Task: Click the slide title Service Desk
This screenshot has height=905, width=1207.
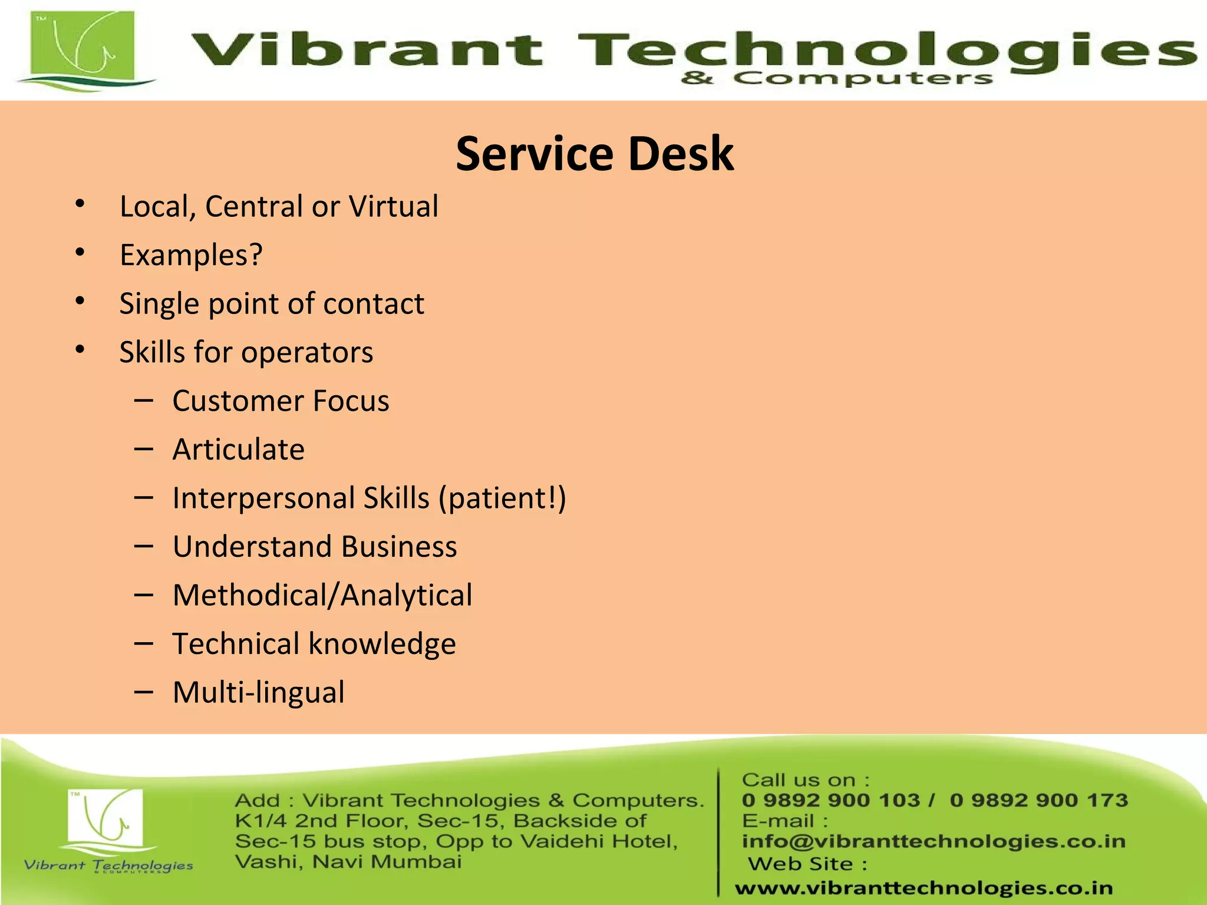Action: (x=595, y=154)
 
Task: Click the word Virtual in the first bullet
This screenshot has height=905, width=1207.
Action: (x=393, y=207)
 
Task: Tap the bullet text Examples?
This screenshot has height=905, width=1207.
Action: (x=191, y=256)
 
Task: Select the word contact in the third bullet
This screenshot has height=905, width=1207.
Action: (x=374, y=304)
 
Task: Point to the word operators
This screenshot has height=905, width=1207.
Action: (x=307, y=353)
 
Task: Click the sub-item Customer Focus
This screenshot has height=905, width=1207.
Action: (x=281, y=401)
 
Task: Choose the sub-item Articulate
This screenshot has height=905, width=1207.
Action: (x=239, y=450)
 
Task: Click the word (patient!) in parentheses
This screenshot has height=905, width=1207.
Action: (x=502, y=498)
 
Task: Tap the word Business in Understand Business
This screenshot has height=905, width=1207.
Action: (x=399, y=547)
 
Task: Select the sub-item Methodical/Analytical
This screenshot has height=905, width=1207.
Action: (x=322, y=595)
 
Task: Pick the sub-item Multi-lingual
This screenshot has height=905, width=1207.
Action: (x=258, y=692)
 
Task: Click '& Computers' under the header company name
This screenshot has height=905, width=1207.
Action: (x=837, y=78)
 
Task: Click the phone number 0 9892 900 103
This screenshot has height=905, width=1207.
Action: (x=831, y=800)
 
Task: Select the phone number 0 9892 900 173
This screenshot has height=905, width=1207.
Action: (x=1038, y=800)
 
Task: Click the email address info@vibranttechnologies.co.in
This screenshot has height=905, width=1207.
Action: (x=934, y=841)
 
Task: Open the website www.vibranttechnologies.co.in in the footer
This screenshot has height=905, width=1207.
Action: (x=924, y=888)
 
